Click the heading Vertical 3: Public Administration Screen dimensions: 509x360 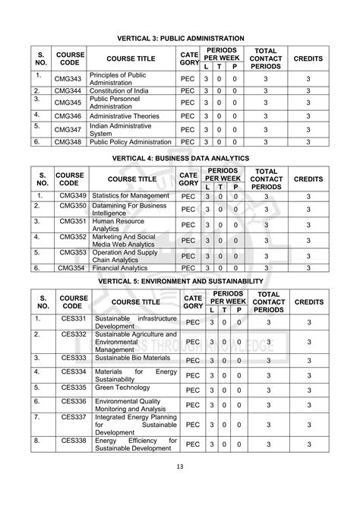coord(179,37)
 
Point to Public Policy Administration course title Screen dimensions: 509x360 coord(130,141)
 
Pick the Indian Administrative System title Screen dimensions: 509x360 coord(120,129)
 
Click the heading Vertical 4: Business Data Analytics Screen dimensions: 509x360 coord(179,157)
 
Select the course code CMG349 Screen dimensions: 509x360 coord(71,196)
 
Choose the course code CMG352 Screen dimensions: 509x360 coord(71,236)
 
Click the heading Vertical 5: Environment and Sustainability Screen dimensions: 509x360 coord(179,280)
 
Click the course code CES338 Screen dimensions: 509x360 coord(74,440)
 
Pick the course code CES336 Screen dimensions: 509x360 coord(74,400)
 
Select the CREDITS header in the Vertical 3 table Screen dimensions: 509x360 coord(308,58)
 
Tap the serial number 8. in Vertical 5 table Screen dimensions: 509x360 coord(36,440)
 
